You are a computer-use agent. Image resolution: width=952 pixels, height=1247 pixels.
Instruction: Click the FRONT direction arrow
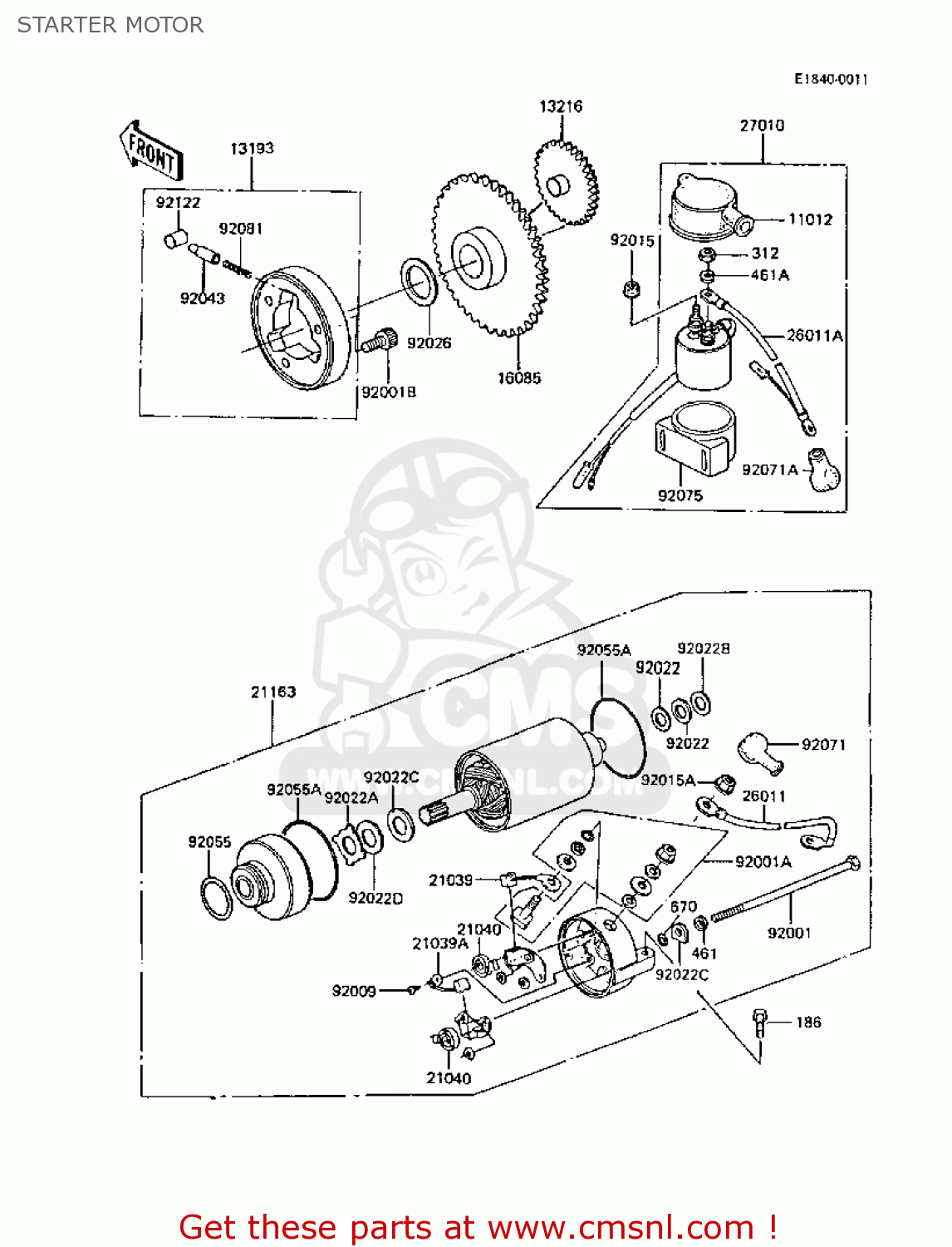tap(151, 150)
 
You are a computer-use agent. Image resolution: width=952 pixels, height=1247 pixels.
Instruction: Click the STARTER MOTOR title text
tap(110, 25)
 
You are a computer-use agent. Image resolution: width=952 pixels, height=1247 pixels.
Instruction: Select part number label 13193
tap(252, 149)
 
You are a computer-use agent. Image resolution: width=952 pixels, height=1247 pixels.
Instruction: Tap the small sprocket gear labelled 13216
tap(565, 183)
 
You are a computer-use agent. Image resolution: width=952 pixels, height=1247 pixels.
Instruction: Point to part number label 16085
tap(519, 378)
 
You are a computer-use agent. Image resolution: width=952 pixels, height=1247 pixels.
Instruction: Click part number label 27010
tap(762, 126)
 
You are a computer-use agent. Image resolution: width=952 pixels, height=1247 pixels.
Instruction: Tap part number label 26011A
tap(814, 336)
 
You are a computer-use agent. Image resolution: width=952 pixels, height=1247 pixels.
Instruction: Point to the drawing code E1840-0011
tap(831, 80)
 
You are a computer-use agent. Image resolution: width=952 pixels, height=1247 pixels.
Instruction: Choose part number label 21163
tap(273, 692)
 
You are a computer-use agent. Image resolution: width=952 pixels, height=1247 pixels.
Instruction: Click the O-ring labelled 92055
tap(218, 898)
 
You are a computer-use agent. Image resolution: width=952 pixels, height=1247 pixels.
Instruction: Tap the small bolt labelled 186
tap(760, 1022)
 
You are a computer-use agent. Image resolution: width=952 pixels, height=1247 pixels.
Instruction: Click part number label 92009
tap(354, 991)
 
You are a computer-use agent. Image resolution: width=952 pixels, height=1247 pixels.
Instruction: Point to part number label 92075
tap(680, 495)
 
